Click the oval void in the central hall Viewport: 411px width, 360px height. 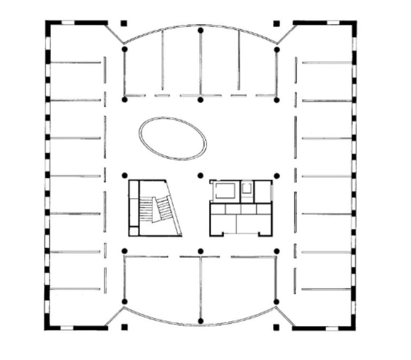click(x=173, y=138)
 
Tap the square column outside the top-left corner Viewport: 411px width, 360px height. click(x=124, y=24)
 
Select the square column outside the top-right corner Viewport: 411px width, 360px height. click(x=277, y=24)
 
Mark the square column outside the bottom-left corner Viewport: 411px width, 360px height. click(x=124, y=326)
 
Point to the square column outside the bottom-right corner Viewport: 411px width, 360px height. click(x=277, y=326)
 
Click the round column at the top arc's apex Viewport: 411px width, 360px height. click(x=201, y=30)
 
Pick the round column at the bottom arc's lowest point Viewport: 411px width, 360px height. click(x=201, y=321)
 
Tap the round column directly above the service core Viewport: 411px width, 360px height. click(x=201, y=175)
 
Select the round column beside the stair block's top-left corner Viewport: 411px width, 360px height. click(x=124, y=175)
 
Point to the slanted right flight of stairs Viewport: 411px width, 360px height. click(x=165, y=209)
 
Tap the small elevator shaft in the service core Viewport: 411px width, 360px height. click(x=247, y=189)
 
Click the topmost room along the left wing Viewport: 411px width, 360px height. click(x=75, y=43)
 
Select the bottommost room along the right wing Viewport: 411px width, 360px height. click(x=326, y=308)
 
